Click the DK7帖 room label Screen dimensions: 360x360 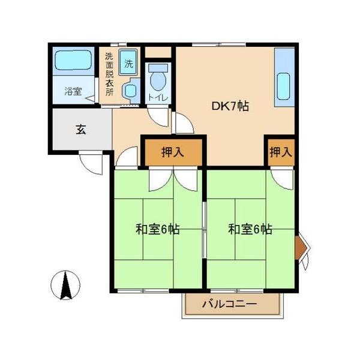pyautogui.click(x=230, y=107)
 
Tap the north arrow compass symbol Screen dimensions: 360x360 pyautogui.click(x=67, y=286)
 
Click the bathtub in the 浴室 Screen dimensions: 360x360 pyautogui.click(x=73, y=62)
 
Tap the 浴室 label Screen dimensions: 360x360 pyautogui.click(x=73, y=92)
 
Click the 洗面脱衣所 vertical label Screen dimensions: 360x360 pyautogui.click(x=109, y=74)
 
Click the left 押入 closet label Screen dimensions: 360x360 pyautogui.click(x=173, y=152)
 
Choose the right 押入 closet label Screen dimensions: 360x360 pyautogui.click(x=280, y=152)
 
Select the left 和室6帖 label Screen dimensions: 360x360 pyautogui.click(x=157, y=229)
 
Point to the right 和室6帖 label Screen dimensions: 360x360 pyautogui.click(x=250, y=229)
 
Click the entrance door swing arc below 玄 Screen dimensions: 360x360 pyautogui.click(x=91, y=163)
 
